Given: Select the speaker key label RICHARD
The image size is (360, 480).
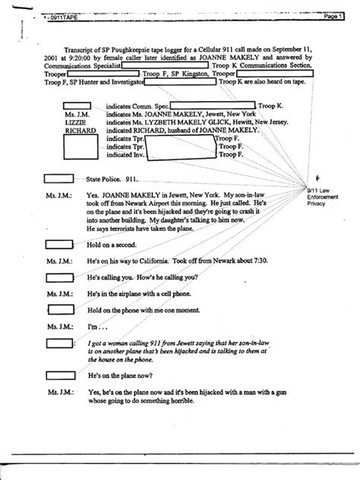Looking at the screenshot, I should [x=80, y=131].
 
